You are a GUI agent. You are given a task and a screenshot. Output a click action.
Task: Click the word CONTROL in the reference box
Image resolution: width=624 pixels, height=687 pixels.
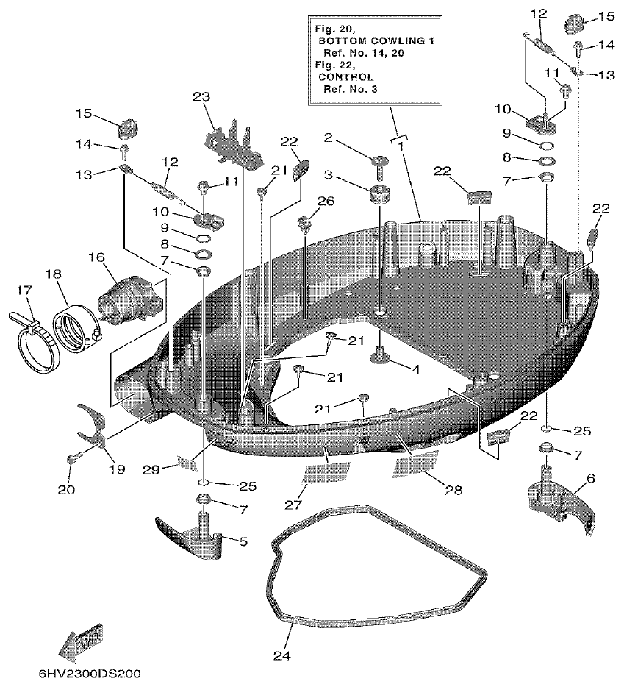point(346,76)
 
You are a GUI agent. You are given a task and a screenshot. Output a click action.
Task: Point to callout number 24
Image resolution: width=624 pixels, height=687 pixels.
point(282,655)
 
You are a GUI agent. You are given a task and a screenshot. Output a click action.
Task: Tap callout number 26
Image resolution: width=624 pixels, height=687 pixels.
point(326,201)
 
